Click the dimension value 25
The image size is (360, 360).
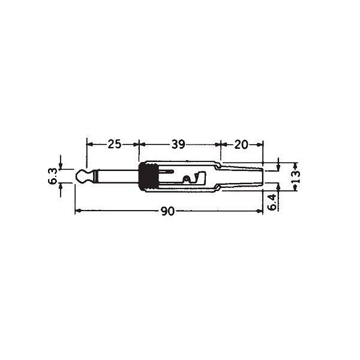coord(115,144)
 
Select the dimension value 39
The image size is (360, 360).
coord(178,145)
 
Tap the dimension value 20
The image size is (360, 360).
coord(241,145)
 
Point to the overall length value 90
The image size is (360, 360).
coord(168,211)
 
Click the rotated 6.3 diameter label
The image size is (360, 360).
coord(52,176)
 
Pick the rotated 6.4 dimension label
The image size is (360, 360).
coord(272,203)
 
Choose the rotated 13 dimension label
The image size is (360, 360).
coord(296,176)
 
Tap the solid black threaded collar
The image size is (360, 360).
coord(149,176)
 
